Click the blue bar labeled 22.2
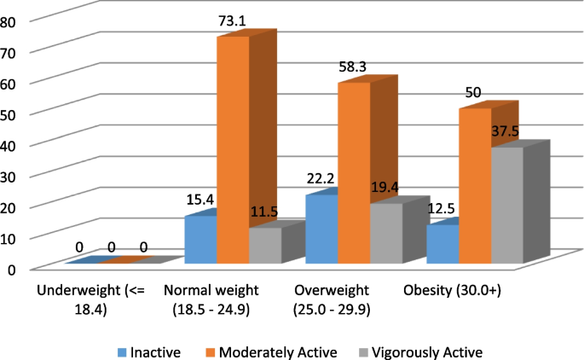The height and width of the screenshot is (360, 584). coord(321,229)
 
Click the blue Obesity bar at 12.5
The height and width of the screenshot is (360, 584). coord(443,245)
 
